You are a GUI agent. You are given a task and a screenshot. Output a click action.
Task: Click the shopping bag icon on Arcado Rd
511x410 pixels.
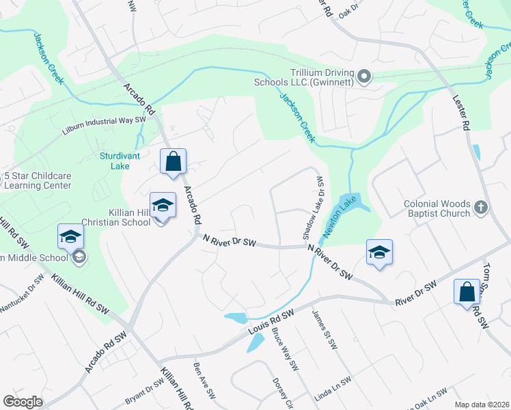(x=174, y=162)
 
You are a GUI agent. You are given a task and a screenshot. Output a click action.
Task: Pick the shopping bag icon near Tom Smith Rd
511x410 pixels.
(x=467, y=292)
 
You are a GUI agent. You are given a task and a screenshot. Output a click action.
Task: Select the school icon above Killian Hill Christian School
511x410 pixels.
(x=163, y=205)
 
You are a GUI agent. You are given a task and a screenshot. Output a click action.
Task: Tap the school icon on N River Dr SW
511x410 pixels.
(x=379, y=251)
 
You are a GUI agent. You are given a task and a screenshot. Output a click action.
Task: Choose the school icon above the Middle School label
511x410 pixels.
(x=70, y=236)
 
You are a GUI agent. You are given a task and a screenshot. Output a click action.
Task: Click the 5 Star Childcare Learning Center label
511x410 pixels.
(x=37, y=180)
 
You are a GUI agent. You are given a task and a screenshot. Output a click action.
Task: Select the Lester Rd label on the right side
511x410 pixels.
(x=461, y=112)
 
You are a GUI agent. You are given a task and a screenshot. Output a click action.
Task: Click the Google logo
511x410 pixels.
(x=23, y=402)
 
